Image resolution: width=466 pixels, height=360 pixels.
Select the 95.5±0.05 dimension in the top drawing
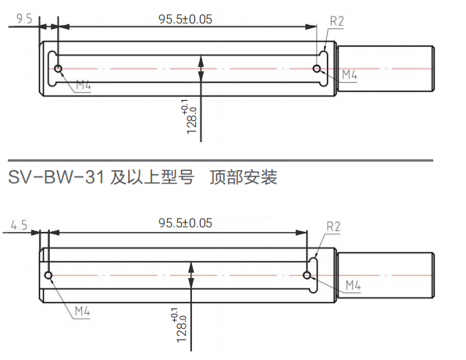click(x=185, y=20)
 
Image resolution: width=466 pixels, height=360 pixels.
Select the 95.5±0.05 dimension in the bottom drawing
click(x=185, y=223)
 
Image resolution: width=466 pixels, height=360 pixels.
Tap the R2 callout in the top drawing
click(x=336, y=22)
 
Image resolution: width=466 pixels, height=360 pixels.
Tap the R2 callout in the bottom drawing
click(x=333, y=227)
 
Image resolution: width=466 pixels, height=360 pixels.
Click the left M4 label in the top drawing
click(x=84, y=84)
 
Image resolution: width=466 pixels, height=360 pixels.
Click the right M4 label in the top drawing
click(x=349, y=75)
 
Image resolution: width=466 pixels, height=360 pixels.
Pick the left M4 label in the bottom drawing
click(x=83, y=311)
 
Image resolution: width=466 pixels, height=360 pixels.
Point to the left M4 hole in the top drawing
click(x=59, y=69)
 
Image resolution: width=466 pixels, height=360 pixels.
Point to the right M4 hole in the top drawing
click(x=317, y=69)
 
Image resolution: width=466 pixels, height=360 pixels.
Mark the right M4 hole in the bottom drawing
click(x=308, y=276)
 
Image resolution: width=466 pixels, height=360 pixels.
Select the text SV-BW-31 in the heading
click(x=55, y=177)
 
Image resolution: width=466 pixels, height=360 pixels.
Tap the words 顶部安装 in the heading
click(x=244, y=177)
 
